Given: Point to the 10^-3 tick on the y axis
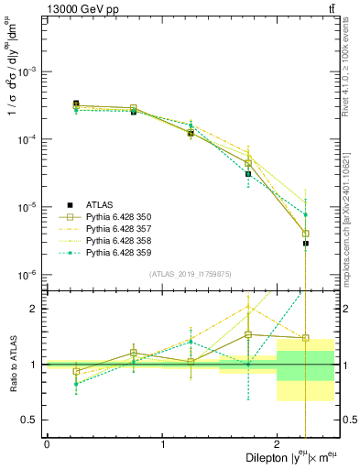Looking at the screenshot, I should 29,71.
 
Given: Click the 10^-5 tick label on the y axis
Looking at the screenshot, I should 29,207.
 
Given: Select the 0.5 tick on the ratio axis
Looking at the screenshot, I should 32,420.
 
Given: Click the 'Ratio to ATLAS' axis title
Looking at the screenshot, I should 12,364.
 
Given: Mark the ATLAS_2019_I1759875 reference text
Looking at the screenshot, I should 190,274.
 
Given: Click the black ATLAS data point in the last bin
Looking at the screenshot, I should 306,244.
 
